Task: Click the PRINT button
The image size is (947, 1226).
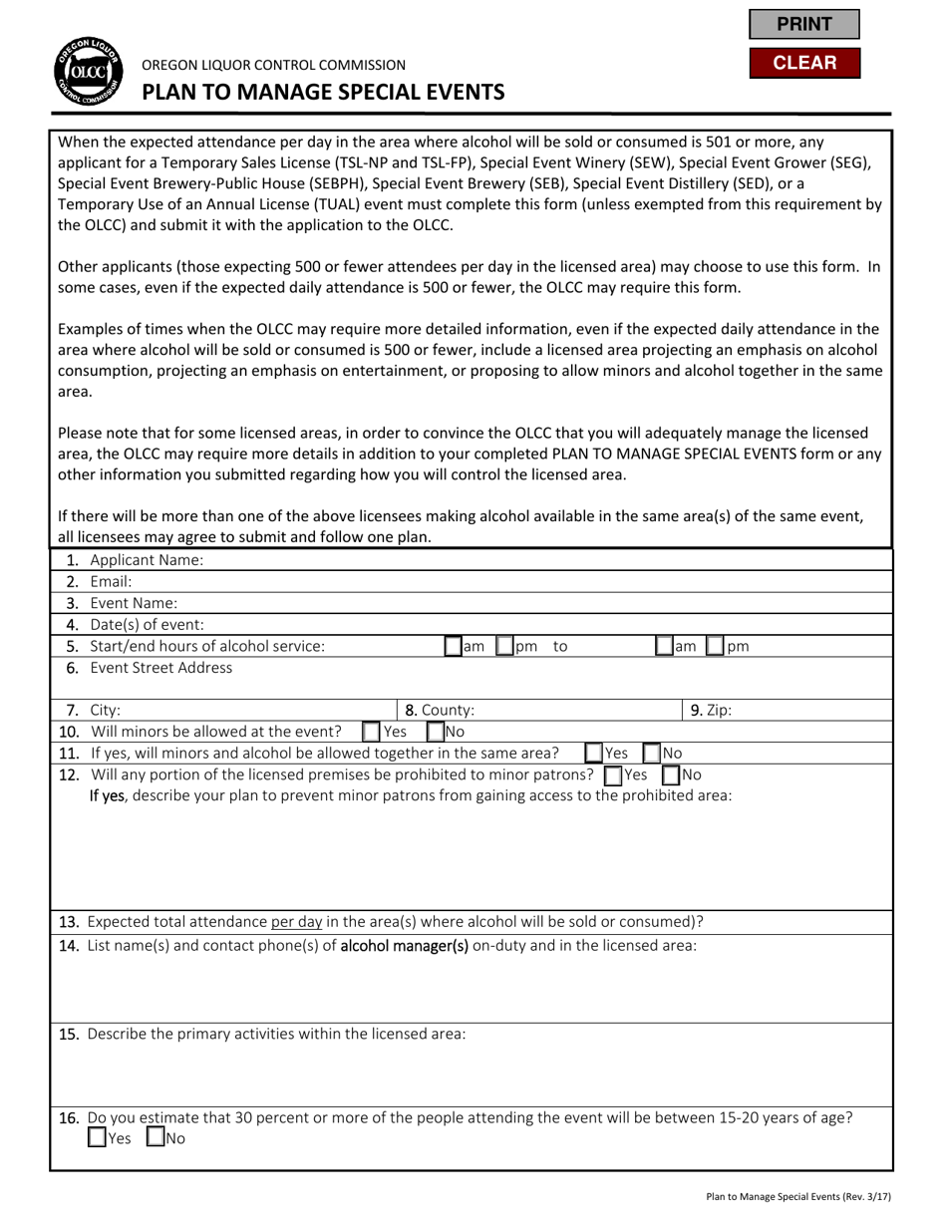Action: click(x=803, y=24)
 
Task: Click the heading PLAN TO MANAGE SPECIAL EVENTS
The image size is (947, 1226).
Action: click(x=323, y=93)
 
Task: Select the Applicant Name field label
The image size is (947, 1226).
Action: click(x=146, y=560)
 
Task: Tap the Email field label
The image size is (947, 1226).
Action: click(x=111, y=581)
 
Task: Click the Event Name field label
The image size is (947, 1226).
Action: click(x=134, y=603)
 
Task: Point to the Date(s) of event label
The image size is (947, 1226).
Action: click(x=147, y=625)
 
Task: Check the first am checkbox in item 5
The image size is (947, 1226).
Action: click(x=454, y=646)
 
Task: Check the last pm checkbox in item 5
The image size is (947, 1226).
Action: click(x=715, y=646)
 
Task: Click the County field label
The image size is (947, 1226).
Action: click(x=448, y=711)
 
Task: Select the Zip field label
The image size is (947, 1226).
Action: click(x=718, y=711)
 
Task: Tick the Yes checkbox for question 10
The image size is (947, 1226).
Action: click(x=371, y=732)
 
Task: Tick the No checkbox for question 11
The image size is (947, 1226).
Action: click(x=652, y=754)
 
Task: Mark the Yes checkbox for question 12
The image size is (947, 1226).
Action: click(x=614, y=774)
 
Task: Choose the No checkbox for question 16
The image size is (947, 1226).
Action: click(x=157, y=1137)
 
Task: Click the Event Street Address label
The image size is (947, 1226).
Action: click(x=160, y=668)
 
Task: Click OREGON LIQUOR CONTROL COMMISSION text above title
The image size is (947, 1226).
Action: click(x=274, y=65)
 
